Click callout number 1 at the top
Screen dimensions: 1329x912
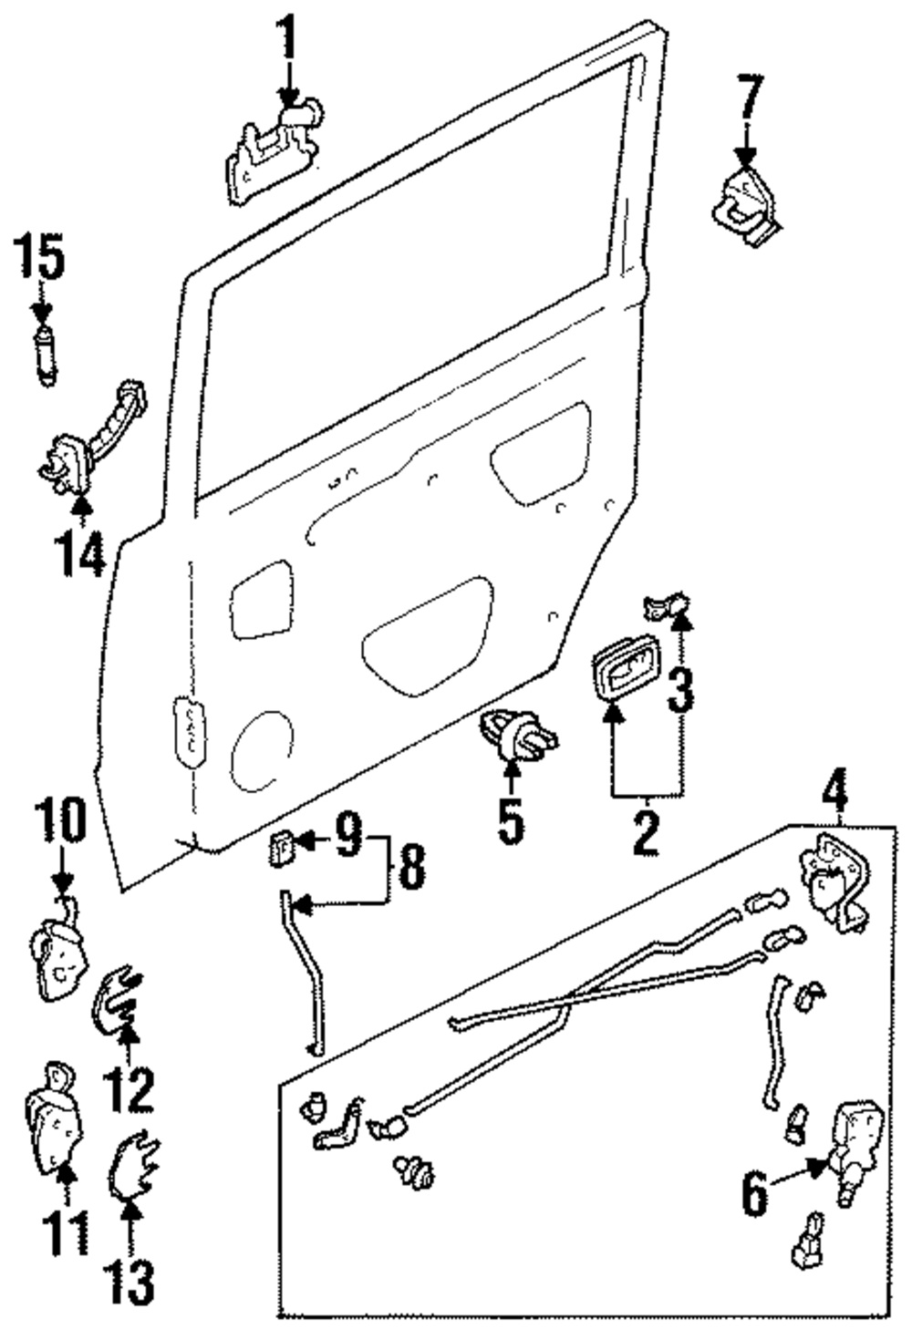pos(288,34)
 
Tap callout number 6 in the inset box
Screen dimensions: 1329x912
pos(754,1194)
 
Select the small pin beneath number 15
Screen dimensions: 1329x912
pos(43,349)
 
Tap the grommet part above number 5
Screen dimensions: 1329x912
pos(515,732)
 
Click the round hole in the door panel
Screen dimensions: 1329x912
pos(262,749)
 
